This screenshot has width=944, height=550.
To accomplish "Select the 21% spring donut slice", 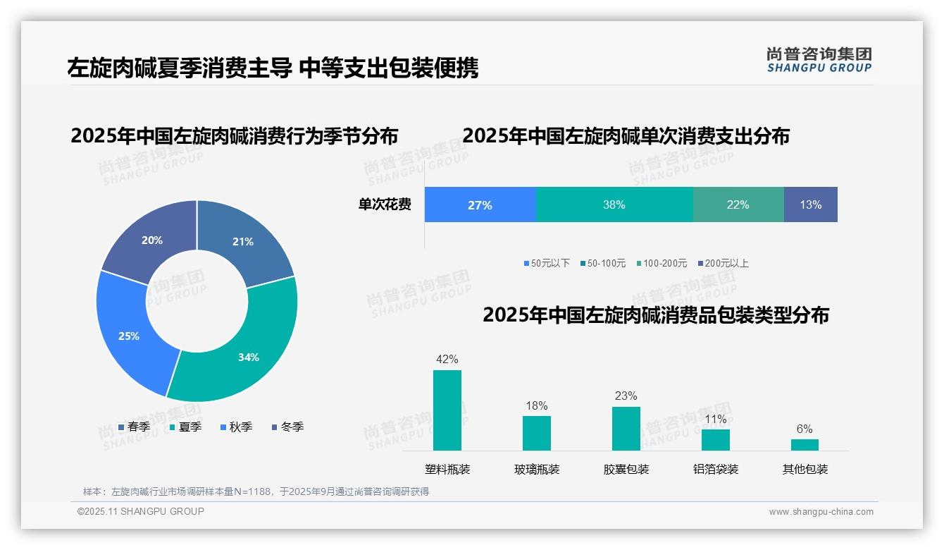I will coord(247,240).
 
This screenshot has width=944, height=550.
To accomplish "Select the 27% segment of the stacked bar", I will coord(480,204).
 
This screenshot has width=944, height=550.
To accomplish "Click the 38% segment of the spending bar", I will coord(614,204).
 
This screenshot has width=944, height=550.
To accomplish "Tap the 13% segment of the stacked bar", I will coord(810,204).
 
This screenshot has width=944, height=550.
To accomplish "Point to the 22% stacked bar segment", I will coord(738,204).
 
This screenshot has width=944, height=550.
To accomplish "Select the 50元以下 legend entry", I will coord(547,263).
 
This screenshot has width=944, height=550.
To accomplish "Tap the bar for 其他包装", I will coord(805,444).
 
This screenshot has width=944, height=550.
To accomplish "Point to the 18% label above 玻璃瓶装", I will coord(537,405).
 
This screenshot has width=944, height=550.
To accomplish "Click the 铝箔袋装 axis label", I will coord(716,469).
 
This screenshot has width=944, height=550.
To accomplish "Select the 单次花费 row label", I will coord(385,204).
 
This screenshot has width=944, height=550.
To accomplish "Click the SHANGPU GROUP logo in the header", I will coord(819,60).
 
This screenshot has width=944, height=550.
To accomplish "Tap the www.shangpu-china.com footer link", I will coord(821,512).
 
